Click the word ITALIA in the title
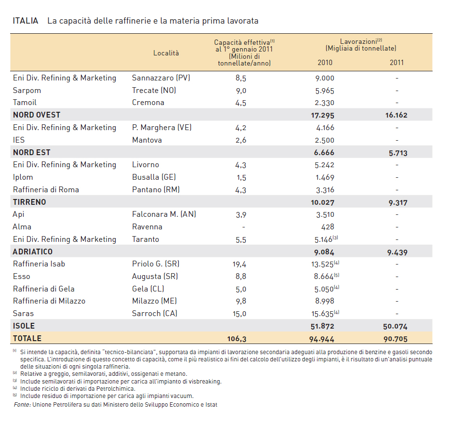click(x=26, y=21)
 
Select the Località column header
click(x=166, y=53)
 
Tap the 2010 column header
click(x=325, y=63)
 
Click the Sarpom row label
click(x=27, y=91)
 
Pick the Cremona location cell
click(x=148, y=103)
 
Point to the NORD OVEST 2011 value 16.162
click(x=396, y=115)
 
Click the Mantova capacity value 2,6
click(x=241, y=140)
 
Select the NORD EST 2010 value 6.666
click(x=324, y=152)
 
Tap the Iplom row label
click(x=23, y=177)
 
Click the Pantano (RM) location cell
click(x=156, y=189)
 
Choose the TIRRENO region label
click(x=29, y=202)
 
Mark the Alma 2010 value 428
click(x=328, y=227)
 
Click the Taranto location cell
click(x=145, y=239)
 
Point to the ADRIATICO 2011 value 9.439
click(x=397, y=252)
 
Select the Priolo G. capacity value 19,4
click(x=239, y=264)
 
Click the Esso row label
click(x=22, y=277)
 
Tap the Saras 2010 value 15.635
click(x=322, y=314)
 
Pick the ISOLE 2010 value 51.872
click(x=322, y=326)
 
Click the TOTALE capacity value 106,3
click(x=237, y=339)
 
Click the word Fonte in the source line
click(x=22, y=405)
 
